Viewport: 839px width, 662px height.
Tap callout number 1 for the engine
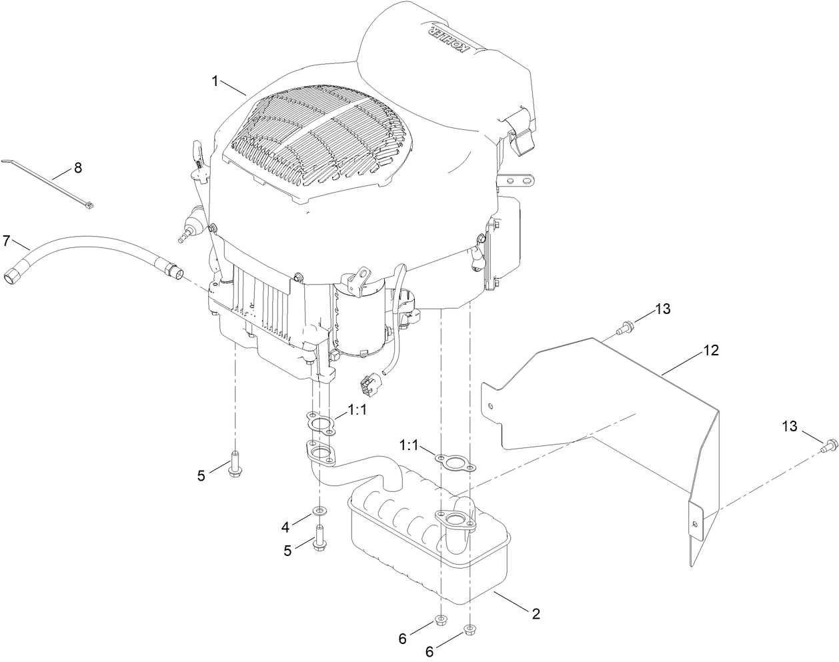pos(215,81)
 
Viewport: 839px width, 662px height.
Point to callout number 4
pos(285,527)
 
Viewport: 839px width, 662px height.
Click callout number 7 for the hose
pos(7,239)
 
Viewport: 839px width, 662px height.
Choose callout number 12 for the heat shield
pos(712,350)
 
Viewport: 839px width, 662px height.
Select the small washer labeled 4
pos(320,511)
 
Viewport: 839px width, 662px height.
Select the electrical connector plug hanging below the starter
pos(369,384)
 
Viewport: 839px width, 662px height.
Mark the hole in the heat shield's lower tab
pos(696,524)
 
